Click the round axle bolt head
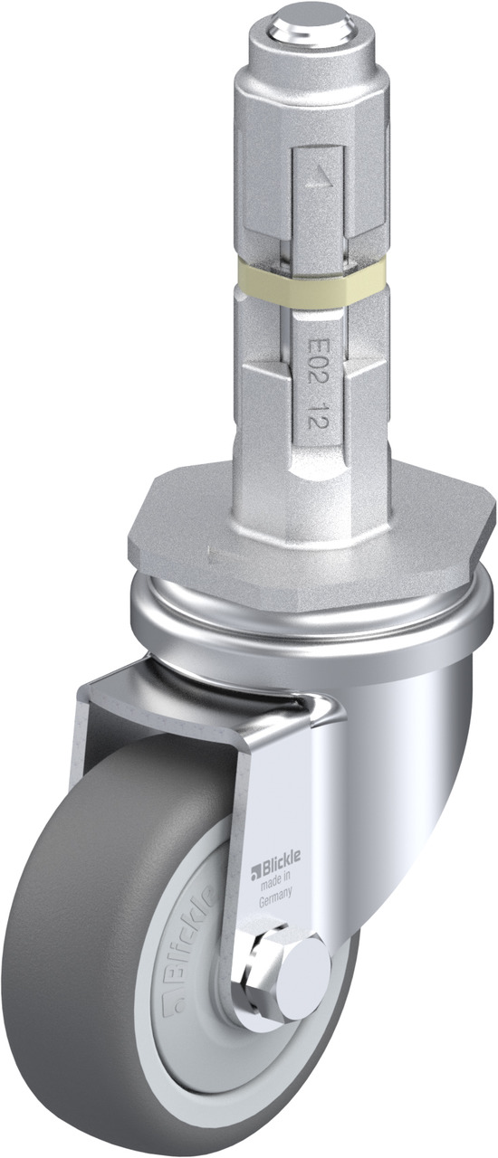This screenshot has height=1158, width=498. pyautogui.click(x=302, y=961)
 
